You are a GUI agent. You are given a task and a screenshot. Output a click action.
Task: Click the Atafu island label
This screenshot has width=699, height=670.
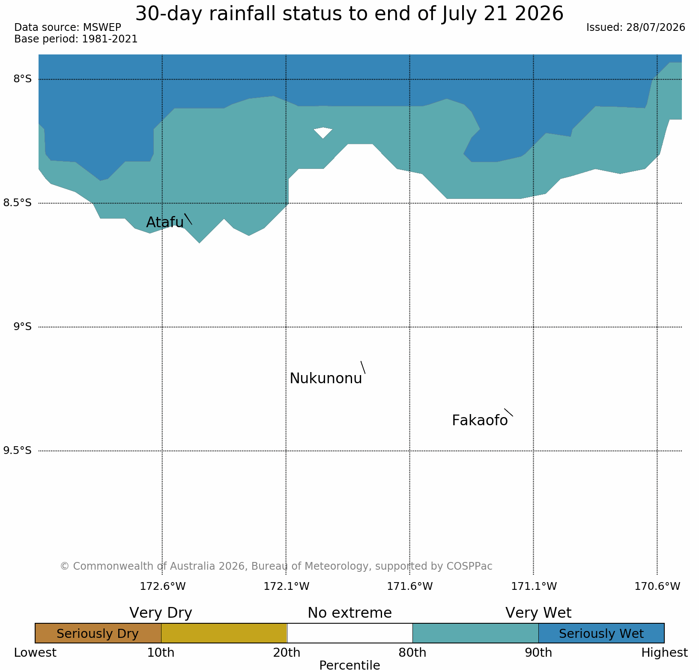click(x=165, y=222)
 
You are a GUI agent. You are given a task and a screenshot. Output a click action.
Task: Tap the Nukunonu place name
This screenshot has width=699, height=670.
click(x=326, y=378)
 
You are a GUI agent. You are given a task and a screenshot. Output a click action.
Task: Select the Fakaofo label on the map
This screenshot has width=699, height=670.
click(x=480, y=420)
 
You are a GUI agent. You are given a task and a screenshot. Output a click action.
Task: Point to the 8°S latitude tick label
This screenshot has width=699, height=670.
click(x=23, y=79)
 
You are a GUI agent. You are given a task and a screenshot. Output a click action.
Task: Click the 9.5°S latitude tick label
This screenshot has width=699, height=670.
click(x=18, y=451)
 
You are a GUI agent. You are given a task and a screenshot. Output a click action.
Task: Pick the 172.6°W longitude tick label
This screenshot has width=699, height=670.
click(x=163, y=586)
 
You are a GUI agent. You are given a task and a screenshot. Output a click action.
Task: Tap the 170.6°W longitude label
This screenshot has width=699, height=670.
click(x=657, y=586)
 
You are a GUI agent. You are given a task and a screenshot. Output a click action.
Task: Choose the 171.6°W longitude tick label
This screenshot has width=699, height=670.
click(x=410, y=586)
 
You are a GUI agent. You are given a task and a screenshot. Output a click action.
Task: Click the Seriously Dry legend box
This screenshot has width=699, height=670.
click(x=98, y=633)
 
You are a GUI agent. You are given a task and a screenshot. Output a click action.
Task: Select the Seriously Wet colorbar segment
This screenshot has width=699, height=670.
click(x=601, y=633)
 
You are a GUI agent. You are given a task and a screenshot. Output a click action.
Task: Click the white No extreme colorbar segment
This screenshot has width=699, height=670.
click(x=349, y=633)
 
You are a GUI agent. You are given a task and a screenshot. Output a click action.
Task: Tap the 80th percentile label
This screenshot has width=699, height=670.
click(x=412, y=652)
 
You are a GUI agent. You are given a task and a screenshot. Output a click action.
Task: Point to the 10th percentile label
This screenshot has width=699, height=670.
click(x=161, y=652)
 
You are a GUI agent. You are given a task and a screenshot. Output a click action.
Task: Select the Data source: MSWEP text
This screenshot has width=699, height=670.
click(x=68, y=27)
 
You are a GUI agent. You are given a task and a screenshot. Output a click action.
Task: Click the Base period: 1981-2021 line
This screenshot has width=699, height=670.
click(x=76, y=39)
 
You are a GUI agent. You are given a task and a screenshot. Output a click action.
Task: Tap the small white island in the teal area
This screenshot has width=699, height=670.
click(x=323, y=132)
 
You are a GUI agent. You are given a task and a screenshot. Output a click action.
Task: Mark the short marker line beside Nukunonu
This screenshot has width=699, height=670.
click(x=363, y=367)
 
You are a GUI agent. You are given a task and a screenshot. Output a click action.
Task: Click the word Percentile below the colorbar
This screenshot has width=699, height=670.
click(x=349, y=665)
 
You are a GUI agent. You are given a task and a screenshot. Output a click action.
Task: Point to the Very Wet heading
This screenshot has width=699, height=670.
click(x=538, y=613)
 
